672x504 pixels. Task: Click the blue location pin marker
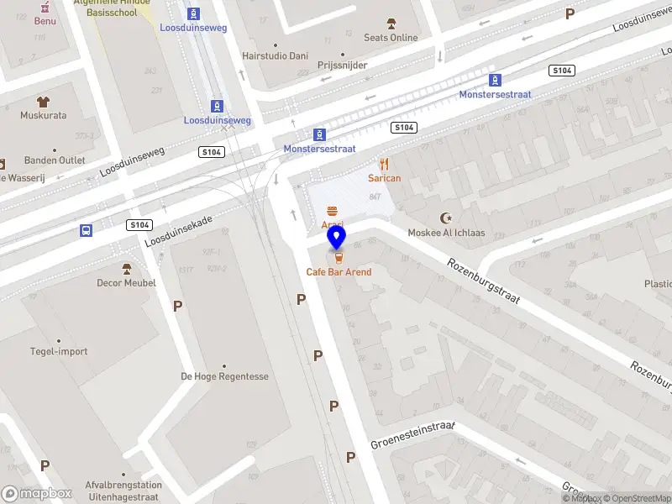pyautogui.click(x=337, y=238)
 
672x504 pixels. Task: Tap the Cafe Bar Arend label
pyautogui.click(x=339, y=272)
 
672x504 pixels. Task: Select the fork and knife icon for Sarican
pyautogui.click(x=385, y=165)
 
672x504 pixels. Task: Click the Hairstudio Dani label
pyautogui.click(x=275, y=55)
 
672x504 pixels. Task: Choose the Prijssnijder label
pyautogui.click(x=342, y=64)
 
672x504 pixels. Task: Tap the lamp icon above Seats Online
pyautogui.click(x=391, y=24)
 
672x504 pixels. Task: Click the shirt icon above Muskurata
pyautogui.click(x=43, y=102)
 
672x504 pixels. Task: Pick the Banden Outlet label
pyautogui.click(x=54, y=160)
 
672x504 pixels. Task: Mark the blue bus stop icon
pyautogui.click(x=85, y=230)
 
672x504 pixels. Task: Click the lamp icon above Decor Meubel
pyautogui.click(x=126, y=270)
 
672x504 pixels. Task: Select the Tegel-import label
pyautogui.click(x=59, y=351)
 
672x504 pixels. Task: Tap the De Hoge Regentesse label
pyautogui.click(x=224, y=376)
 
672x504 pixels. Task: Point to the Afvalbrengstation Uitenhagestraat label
pyautogui.click(x=123, y=491)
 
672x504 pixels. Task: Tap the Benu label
pyautogui.click(x=45, y=20)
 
